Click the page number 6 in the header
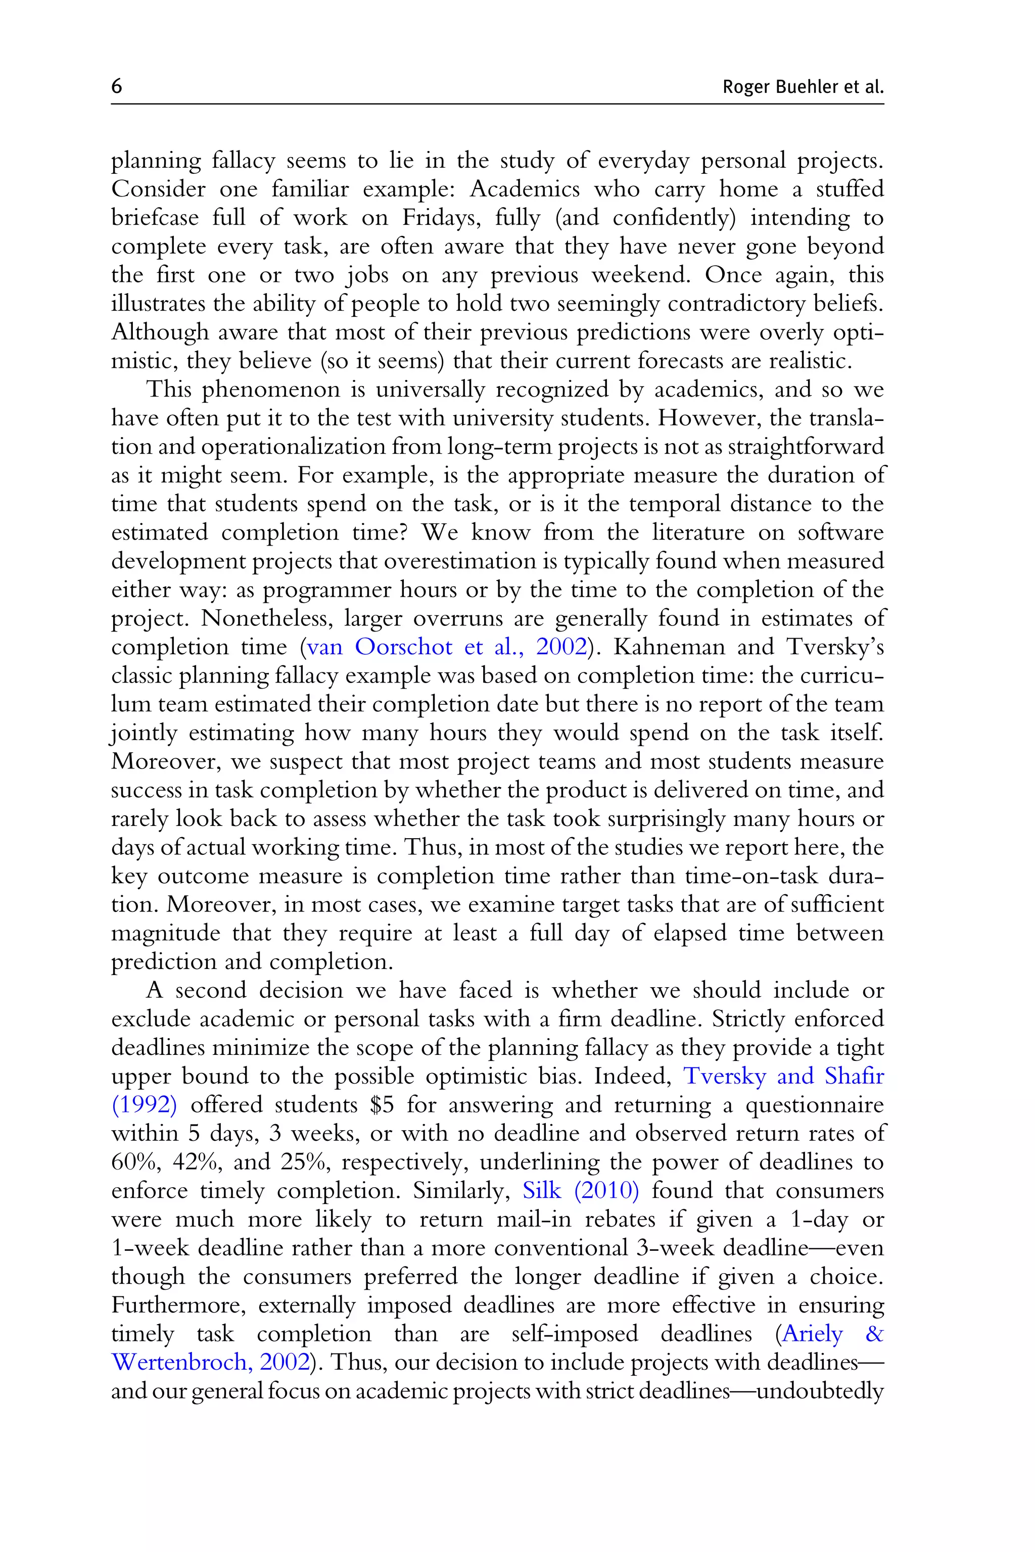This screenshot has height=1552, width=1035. [117, 86]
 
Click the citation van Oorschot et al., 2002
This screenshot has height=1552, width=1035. [447, 647]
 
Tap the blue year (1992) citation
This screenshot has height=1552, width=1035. [144, 1104]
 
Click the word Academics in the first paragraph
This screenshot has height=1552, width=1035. [524, 189]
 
